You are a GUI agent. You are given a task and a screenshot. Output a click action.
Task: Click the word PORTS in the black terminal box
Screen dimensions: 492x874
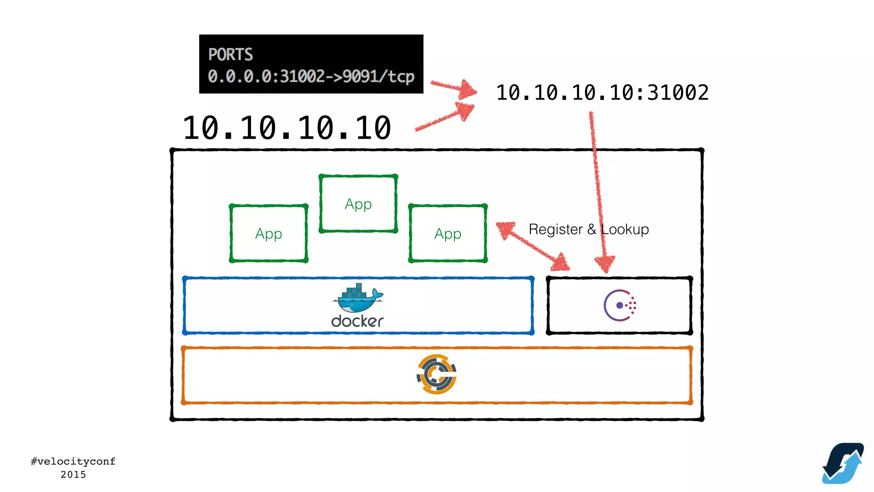pyautogui.click(x=230, y=55)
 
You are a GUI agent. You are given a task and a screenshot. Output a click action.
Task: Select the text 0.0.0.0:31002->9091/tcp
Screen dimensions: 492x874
pyautogui.click(x=311, y=76)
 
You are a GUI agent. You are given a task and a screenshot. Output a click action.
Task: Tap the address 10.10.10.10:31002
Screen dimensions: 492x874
pyautogui.click(x=602, y=93)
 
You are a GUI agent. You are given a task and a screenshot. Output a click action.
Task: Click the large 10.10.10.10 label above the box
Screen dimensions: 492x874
pyautogui.click(x=287, y=128)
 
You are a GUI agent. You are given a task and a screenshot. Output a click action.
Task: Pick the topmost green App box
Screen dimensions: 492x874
pyautogui.click(x=358, y=204)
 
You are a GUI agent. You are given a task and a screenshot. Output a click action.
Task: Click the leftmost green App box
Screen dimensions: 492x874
pyautogui.click(x=268, y=234)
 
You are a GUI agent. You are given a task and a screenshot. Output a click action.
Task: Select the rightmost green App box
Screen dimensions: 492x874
pyautogui.click(x=448, y=234)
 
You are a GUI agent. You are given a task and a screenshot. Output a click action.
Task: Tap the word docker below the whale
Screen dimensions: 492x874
pyautogui.click(x=357, y=321)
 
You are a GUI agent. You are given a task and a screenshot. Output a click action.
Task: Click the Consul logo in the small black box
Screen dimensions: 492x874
pyautogui.click(x=620, y=305)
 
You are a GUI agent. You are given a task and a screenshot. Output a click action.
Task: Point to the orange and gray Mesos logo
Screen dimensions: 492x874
pyautogui.click(x=437, y=374)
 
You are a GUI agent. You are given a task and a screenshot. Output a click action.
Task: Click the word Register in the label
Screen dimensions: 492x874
pyautogui.click(x=555, y=229)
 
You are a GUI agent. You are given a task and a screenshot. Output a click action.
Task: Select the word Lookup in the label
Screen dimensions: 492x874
pyautogui.click(x=625, y=229)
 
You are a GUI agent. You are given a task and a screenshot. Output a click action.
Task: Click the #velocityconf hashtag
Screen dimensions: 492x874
pyautogui.click(x=73, y=461)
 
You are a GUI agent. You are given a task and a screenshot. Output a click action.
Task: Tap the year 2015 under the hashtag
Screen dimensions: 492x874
pyautogui.click(x=73, y=474)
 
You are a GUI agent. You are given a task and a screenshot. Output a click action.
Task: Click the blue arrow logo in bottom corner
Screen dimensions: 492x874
pyautogui.click(x=843, y=463)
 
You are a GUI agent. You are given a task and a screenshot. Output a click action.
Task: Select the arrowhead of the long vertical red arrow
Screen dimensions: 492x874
pyautogui.click(x=605, y=264)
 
